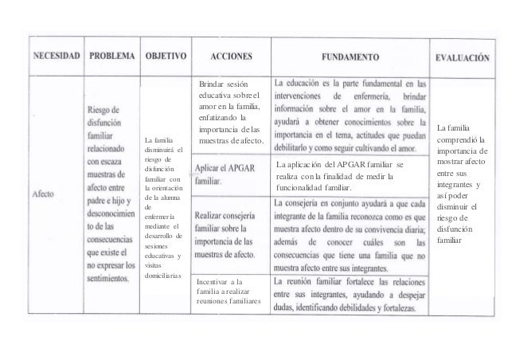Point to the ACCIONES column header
point(232,57)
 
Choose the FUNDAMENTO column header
point(350,57)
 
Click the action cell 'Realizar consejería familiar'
point(231,234)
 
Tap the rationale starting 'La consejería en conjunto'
point(350,234)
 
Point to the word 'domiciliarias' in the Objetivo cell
point(164,276)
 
